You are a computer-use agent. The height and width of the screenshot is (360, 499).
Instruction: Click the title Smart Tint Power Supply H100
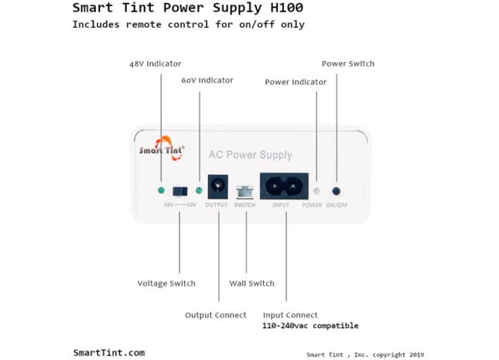click(187, 9)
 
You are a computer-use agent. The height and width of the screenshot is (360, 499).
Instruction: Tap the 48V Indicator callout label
click(156, 63)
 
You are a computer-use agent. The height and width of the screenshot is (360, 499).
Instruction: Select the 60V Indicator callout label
click(207, 81)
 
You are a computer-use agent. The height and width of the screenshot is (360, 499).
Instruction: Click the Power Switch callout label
click(348, 63)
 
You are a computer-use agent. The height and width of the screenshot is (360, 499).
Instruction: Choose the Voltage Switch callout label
click(166, 283)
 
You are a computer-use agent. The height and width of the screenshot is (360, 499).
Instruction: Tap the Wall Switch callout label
click(251, 283)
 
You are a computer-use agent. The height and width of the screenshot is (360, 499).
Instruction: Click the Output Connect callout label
click(216, 315)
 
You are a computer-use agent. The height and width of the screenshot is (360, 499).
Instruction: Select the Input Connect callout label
click(290, 315)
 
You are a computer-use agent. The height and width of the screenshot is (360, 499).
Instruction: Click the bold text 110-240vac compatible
click(310, 326)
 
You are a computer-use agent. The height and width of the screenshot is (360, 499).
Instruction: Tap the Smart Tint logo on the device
click(161, 149)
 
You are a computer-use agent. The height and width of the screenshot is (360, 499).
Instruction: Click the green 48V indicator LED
click(160, 190)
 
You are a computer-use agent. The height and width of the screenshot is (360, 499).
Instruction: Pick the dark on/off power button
click(337, 190)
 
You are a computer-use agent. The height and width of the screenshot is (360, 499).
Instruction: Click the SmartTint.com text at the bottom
click(108, 352)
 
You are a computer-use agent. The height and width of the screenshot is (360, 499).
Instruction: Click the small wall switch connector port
click(245, 191)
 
